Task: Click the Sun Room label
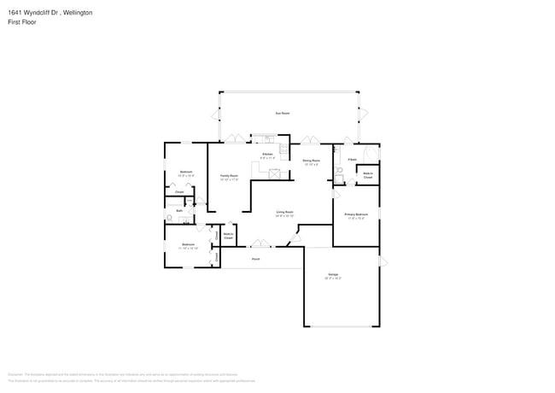(279, 113)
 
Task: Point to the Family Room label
(229, 178)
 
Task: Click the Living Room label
(284, 214)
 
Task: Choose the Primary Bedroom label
(355, 216)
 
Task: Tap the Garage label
(333, 276)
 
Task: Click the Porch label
(255, 258)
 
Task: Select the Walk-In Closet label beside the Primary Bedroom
(368, 174)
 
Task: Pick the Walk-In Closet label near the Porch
(229, 235)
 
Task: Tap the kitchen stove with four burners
(267, 139)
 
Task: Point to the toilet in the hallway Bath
(170, 219)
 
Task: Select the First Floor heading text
(22, 22)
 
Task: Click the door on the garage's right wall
(382, 261)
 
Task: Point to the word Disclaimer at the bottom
(16, 374)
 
